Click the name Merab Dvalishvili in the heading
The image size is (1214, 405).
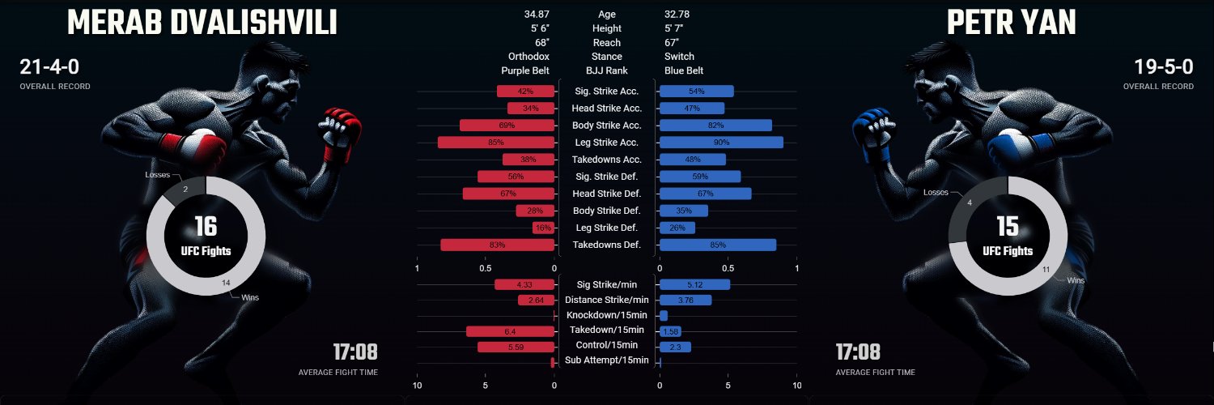point(202,23)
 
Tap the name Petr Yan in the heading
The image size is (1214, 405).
point(1012,23)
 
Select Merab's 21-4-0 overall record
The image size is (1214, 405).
point(49,66)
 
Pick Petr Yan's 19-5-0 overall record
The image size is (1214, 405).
point(1164,66)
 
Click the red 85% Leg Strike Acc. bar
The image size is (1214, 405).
point(496,143)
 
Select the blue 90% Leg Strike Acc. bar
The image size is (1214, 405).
point(721,143)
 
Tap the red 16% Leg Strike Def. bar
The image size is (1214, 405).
point(544,228)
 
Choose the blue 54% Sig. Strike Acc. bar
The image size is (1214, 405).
point(696,91)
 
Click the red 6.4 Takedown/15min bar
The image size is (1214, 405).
point(510,331)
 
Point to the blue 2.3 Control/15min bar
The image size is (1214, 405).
point(675,347)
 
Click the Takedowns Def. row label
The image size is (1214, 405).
point(607,245)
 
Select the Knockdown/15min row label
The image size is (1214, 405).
point(607,315)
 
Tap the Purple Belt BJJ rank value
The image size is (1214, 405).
point(525,70)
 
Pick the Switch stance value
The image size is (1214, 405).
point(679,57)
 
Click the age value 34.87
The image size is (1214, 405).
point(537,14)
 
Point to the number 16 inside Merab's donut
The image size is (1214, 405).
point(206,227)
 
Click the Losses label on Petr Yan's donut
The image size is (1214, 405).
point(936,193)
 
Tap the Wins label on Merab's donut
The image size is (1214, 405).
point(250,297)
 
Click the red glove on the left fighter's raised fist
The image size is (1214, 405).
point(342,132)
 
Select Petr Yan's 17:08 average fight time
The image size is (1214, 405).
point(858,352)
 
